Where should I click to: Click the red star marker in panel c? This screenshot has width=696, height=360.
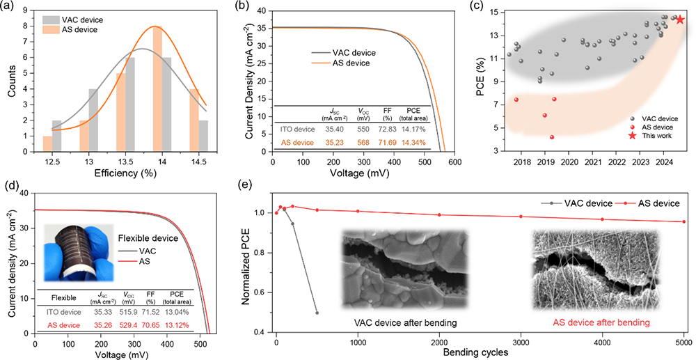[x=680, y=19]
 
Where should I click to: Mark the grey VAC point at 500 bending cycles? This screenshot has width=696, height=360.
[x=317, y=313]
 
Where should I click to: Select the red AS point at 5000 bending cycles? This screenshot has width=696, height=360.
[x=683, y=222]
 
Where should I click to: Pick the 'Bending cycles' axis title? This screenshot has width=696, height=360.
[x=481, y=354]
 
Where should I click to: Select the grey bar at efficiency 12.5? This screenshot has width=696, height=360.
[x=56, y=134]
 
